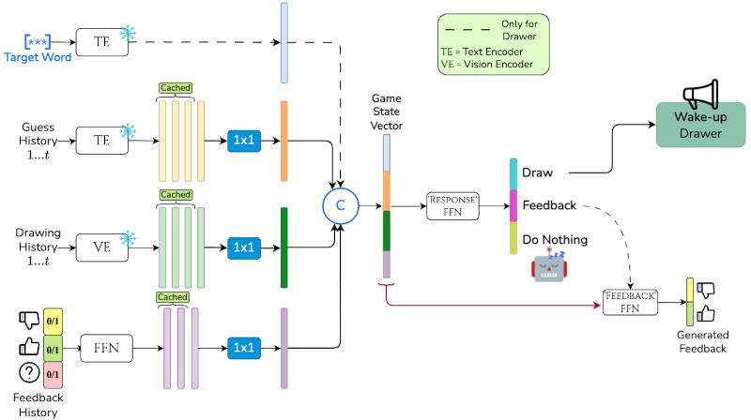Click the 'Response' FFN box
point(452,205)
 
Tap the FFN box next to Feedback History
point(106,348)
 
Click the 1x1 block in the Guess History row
point(243,141)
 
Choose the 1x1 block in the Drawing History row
point(243,247)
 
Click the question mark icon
point(28,372)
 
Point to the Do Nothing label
point(555,239)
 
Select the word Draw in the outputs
point(538,172)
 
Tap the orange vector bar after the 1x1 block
point(284,141)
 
